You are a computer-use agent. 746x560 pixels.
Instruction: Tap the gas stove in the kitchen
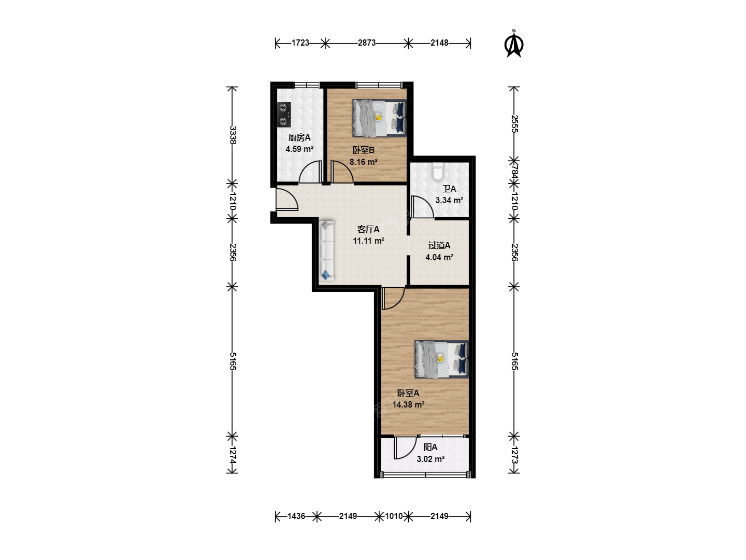(284, 115)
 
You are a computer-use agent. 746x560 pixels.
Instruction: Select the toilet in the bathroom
(437, 171)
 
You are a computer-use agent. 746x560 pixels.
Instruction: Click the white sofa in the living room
(326, 251)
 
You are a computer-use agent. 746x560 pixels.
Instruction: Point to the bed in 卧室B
(379, 118)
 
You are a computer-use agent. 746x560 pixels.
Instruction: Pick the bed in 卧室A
(441, 359)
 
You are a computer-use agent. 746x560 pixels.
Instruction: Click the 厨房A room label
(299, 138)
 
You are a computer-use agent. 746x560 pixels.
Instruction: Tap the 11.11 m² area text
(368, 241)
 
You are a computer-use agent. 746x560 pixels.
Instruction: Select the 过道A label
(439, 245)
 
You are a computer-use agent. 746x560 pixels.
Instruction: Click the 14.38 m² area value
(408, 404)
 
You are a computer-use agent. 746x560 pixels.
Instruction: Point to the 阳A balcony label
(431, 447)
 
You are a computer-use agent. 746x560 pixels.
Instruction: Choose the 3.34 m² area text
(449, 200)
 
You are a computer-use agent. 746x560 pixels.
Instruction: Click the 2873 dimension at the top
(367, 43)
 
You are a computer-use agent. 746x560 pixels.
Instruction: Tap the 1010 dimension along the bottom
(394, 516)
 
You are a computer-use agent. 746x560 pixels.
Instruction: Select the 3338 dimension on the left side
(233, 135)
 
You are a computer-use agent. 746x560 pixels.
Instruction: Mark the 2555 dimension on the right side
(514, 124)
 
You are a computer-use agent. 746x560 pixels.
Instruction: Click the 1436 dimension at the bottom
(296, 516)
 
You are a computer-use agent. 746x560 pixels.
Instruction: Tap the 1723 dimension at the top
(300, 43)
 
